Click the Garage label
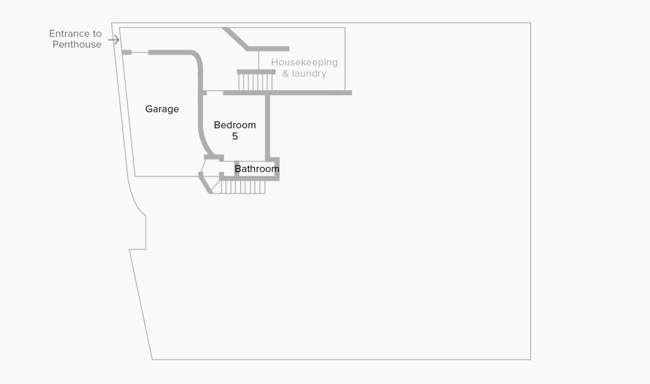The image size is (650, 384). (162, 109)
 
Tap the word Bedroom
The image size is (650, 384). (235, 125)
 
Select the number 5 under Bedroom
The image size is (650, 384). (235, 136)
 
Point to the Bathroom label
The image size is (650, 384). (257, 169)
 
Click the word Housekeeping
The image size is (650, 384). (304, 62)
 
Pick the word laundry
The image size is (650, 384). (309, 74)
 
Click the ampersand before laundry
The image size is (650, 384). (286, 74)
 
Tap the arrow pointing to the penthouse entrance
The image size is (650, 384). (114, 41)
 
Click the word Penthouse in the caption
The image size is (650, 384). (77, 44)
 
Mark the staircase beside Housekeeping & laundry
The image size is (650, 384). (256, 81)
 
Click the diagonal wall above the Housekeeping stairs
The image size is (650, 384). (235, 38)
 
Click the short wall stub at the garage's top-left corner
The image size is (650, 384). (126, 52)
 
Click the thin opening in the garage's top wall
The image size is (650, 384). (140, 52)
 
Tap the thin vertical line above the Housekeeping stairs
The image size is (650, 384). (259, 60)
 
